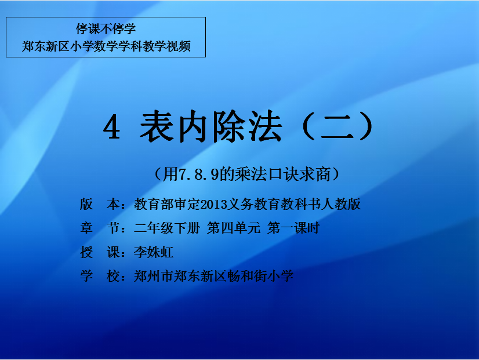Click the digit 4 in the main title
pyautogui.click(x=112, y=128)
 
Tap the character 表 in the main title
pyautogui.click(x=157, y=126)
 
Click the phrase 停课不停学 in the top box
pyautogui.click(x=106, y=29)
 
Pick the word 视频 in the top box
pyautogui.click(x=179, y=46)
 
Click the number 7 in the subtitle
pyautogui.click(x=183, y=174)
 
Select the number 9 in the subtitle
pyautogui.click(x=215, y=174)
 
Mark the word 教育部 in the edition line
pyautogui.click(x=154, y=204)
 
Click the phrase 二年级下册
pyautogui.click(x=167, y=228)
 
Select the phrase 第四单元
pyautogui.click(x=234, y=228)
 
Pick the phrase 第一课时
pyautogui.click(x=293, y=228)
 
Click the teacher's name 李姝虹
pyautogui.click(x=154, y=252)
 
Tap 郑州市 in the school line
pyautogui.click(x=154, y=276)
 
